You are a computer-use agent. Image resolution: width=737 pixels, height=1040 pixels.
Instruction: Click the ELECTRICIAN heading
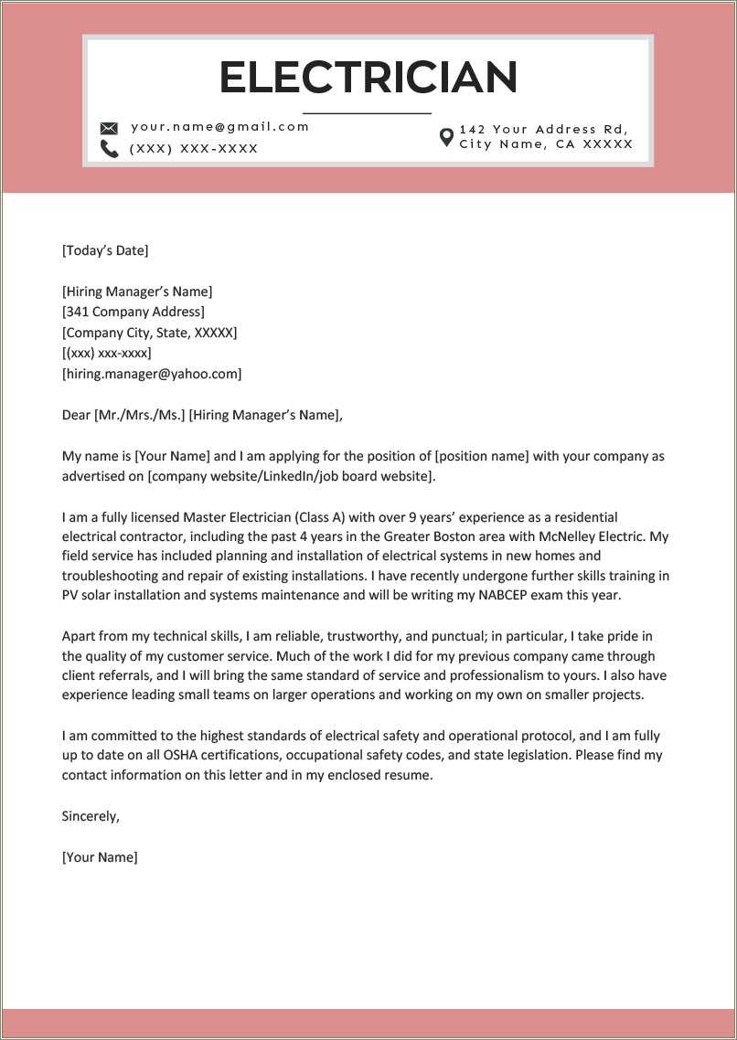click(368, 78)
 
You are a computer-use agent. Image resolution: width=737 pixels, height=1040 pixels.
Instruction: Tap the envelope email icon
click(109, 128)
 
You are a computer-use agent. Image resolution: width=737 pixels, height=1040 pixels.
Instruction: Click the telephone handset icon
click(109, 149)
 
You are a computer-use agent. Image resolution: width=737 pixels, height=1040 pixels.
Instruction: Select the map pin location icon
click(446, 137)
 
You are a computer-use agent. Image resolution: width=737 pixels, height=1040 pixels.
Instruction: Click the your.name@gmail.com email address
click(220, 127)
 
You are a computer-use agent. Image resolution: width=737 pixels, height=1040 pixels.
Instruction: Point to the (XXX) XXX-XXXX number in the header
click(194, 149)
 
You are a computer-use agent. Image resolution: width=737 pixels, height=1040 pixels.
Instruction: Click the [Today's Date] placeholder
click(104, 250)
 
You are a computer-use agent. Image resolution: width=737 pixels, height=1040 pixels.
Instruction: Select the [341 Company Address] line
click(133, 313)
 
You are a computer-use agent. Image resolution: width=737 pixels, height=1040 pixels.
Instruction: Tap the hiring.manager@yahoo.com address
click(152, 374)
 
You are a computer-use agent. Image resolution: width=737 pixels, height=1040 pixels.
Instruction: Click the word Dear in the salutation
click(76, 415)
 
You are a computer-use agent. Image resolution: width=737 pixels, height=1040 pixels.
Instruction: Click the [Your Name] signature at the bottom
click(100, 857)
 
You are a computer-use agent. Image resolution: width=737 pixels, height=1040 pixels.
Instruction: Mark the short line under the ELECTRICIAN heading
click(367, 113)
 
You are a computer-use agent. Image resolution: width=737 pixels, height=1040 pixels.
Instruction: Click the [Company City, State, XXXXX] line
click(149, 333)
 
